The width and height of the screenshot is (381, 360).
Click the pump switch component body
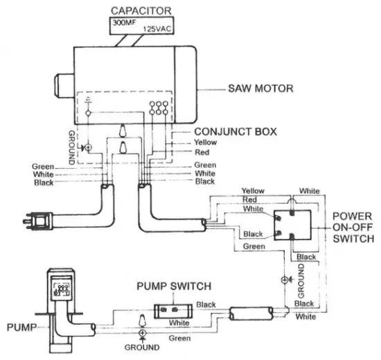point(173,309)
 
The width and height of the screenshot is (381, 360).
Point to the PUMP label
point(19,324)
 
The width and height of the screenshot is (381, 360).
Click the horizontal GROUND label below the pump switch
point(143,347)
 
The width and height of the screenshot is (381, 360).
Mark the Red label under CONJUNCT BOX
point(202,152)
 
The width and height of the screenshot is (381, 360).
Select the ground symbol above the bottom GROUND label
point(143,334)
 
